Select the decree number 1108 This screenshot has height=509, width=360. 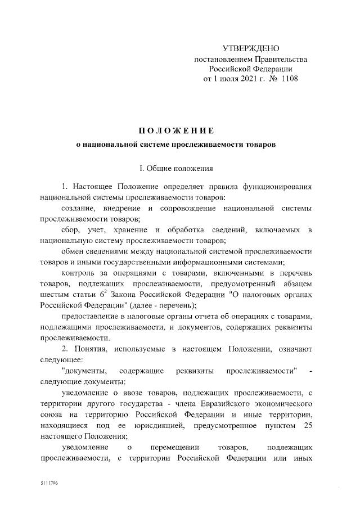pos(289,79)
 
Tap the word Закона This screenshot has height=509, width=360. pos(125,294)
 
